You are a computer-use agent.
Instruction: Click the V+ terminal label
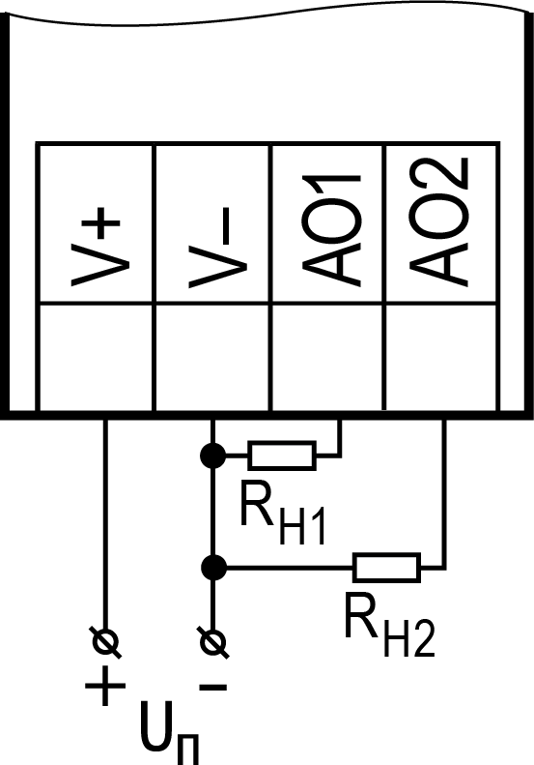click(96, 247)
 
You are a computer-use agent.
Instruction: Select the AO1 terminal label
click(332, 229)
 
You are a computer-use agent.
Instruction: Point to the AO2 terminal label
click(438, 222)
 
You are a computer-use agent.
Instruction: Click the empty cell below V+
click(96, 357)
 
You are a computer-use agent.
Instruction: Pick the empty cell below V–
click(212, 357)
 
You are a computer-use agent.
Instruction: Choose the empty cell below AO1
click(327, 357)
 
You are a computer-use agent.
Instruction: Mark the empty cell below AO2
click(441, 357)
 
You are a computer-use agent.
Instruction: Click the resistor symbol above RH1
click(282, 456)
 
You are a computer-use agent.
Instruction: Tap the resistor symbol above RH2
click(387, 568)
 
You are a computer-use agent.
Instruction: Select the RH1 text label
click(282, 513)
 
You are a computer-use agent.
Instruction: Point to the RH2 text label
click(389, 625)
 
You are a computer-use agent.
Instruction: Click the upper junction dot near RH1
click(212, 456)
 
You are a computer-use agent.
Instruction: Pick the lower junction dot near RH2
click(213, 568)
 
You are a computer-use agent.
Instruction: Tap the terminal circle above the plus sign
click(105, 642)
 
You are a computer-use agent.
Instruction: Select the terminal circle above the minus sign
click(213, 642)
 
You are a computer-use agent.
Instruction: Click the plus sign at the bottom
click(105, 686)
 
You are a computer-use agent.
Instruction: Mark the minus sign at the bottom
click(213, 687)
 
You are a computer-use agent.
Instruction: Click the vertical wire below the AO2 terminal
click(444, 493)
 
